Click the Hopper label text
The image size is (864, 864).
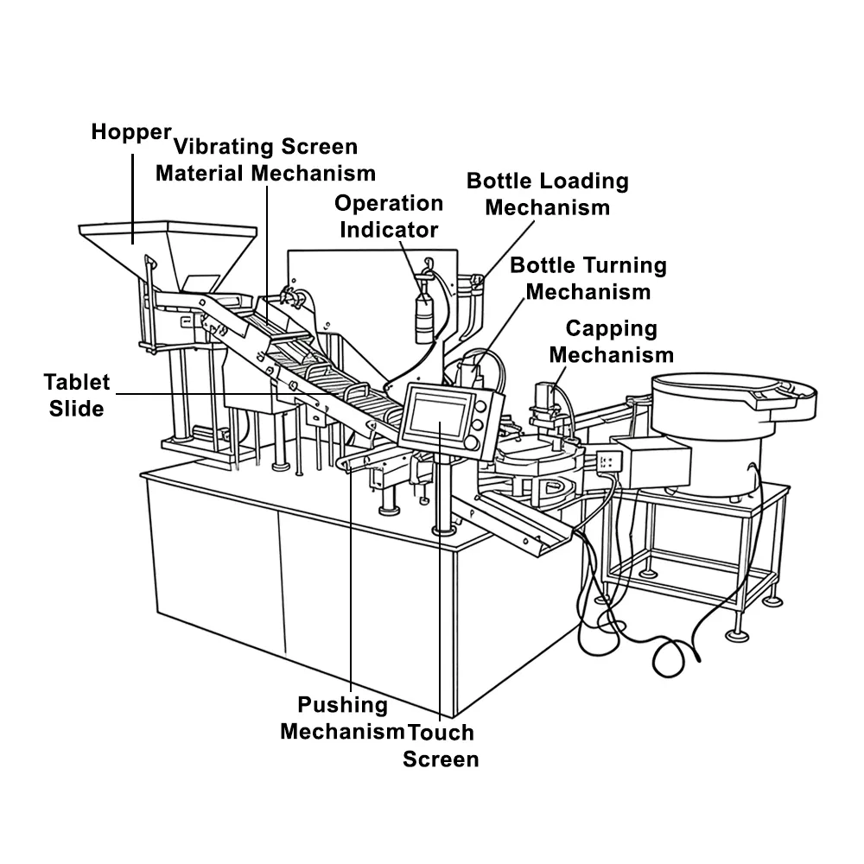tap(131, 132)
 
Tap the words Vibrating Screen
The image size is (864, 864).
tap(265, 147)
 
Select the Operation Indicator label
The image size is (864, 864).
tap(389, 216)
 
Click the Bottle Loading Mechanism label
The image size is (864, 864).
tap(548, 194)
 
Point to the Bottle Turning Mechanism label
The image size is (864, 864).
tap(588, 278)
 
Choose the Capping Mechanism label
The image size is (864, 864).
tap(612, 341)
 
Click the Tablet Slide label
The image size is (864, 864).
tap(77, 395)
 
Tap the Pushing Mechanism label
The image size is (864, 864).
tap(342, 718)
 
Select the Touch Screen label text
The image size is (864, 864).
tap(441, 746)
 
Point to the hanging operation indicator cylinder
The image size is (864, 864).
tap(423, 317)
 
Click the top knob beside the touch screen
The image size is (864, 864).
tap(480, 407)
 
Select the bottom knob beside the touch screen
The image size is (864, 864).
tap(472, 442)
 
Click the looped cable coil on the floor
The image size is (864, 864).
tap(669, 658)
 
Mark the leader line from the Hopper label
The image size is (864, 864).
tap(133, 199)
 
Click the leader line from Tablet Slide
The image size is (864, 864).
tap(225, 394)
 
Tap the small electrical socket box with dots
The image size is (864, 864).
tap(609, 461)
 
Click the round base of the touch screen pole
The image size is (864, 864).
tap(443, 530)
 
